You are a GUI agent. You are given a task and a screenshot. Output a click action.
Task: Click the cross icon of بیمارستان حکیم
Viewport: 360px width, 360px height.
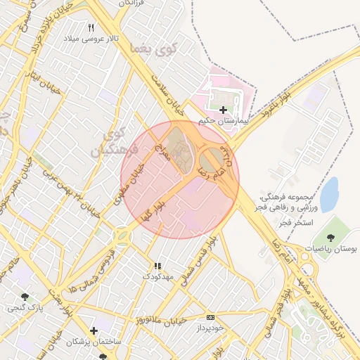point(223,110)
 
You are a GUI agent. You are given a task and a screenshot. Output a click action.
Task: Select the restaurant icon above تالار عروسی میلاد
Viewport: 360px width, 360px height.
point(91,27)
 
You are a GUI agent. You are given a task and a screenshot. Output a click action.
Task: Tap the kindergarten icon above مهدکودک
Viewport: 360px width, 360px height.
point(157,266)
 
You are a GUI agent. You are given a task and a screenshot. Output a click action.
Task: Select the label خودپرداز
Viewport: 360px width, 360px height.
point(210,328)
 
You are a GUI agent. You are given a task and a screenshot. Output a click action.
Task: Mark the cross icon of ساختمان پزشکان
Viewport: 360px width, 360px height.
point(94,330)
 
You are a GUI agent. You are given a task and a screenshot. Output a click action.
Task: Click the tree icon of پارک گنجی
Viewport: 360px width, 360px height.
point(26,297)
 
